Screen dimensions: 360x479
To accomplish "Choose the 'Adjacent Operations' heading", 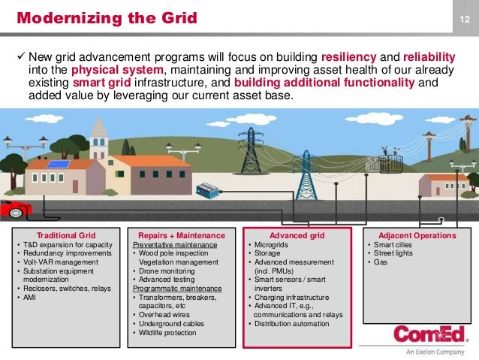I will click(417, 236).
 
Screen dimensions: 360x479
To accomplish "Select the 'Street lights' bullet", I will click(394, 253).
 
